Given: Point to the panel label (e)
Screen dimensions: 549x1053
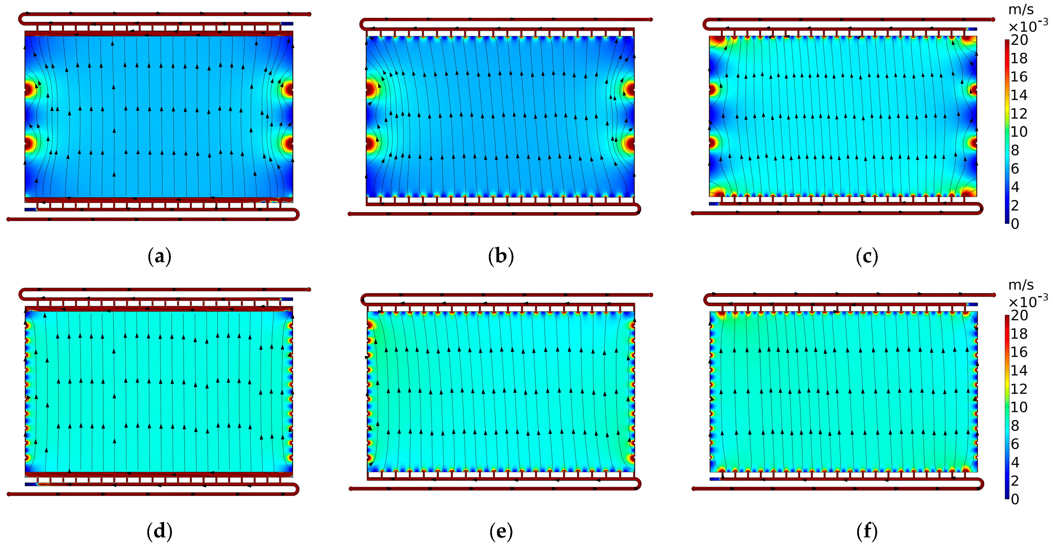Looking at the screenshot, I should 501,531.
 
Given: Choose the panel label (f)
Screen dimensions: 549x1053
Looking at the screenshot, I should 867,531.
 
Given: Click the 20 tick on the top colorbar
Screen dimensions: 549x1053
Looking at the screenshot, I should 1019,40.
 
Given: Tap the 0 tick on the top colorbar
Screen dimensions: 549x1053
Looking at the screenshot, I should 1015,224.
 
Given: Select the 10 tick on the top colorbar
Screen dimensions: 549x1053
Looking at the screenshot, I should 1019,132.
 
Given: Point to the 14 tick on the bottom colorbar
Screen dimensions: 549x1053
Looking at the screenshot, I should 1019,370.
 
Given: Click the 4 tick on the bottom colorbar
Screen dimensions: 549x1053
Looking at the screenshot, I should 1015,462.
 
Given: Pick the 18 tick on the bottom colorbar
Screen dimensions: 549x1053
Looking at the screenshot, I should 1019,334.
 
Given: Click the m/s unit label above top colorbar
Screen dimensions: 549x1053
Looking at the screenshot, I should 1021,10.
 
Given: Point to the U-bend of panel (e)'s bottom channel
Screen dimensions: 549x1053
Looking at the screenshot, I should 638,484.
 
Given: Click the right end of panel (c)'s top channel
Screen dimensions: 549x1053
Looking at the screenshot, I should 993,20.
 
